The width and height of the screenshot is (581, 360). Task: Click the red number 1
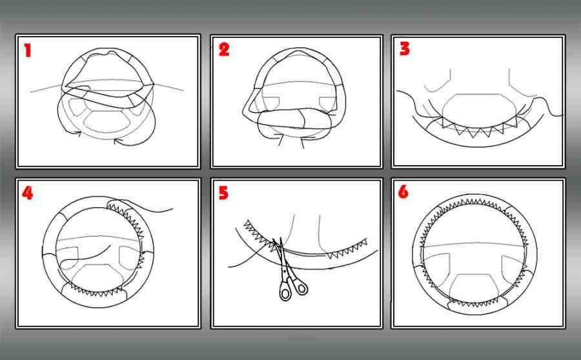(27, 50)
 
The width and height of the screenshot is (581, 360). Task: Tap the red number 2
(224, 49)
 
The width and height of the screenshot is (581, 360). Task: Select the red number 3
(405, 48)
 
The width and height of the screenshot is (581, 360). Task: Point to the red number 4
(27, 193)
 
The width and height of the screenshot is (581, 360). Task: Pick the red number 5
(223, 193)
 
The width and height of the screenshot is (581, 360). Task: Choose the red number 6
(403, 192)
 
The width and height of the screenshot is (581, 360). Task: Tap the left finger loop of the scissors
(285, 292)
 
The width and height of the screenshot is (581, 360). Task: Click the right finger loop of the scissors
(300, 286)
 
